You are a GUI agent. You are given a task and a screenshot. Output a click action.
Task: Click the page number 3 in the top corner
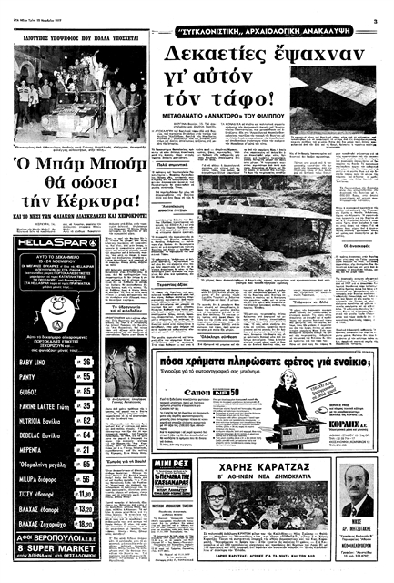click(x=386, y=8)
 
